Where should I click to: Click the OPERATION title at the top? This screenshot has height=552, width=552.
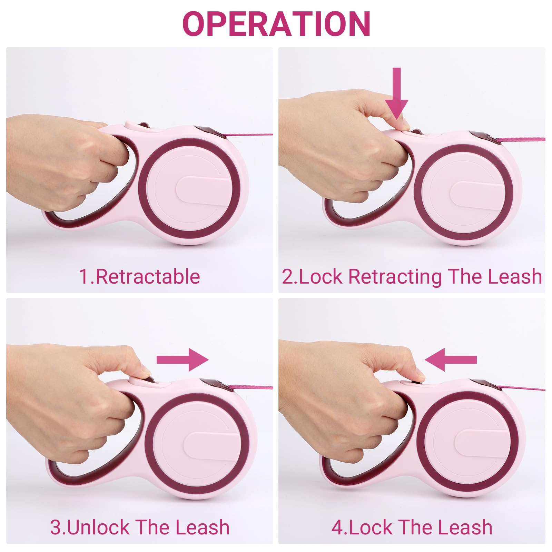click(276, 23)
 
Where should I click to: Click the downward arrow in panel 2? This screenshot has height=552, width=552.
click(397, 93)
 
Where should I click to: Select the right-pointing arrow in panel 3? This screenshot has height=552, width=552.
click(183, 360)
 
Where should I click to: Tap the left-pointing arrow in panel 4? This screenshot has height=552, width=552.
click(451, 360)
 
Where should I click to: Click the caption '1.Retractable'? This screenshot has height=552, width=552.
click(139, 276)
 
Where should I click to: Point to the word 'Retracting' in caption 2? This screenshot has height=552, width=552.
click(395, 277)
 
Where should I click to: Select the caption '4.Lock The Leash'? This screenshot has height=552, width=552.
click(412, 528)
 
